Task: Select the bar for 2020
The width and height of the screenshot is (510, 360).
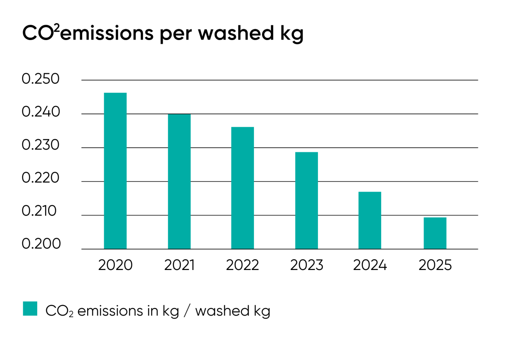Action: click(115, 171)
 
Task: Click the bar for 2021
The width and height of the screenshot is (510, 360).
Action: click(179, 182)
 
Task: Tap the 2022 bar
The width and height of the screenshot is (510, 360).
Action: click(242, 188)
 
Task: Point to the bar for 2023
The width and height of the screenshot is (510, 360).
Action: click(306, 200)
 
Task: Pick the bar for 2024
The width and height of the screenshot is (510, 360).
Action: click(370, 220)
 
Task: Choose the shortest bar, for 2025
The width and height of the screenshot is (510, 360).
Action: click(435, 233)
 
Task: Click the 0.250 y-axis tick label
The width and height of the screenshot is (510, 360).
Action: click(40, 79)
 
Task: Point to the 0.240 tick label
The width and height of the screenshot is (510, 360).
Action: click(41, 112)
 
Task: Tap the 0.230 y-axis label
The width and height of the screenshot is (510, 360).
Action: click(40, 145)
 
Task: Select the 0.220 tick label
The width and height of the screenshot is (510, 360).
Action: click(40, 178)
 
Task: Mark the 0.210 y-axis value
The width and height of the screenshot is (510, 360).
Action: click(39, 211)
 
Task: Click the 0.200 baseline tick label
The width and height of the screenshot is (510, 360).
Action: click(41, 244)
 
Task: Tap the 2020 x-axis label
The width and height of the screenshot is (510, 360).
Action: click(115, 265)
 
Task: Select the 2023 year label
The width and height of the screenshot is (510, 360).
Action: click(306, 265)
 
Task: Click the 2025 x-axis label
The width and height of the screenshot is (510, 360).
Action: click(435, 265)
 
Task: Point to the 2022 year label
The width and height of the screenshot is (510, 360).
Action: click(242, 265)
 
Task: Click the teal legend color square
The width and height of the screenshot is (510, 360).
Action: click(30, 308)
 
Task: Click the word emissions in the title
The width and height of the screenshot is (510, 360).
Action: click(106, 34)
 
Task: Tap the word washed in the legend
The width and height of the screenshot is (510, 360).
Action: click(222, 311)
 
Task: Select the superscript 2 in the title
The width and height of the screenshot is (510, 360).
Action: click(57, 28)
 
